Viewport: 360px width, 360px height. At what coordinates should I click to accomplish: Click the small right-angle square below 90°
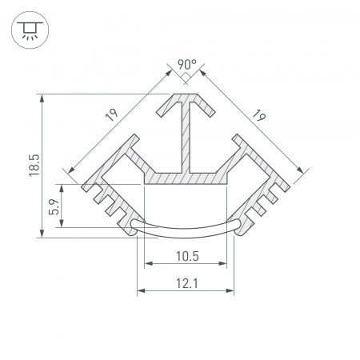point(185,77)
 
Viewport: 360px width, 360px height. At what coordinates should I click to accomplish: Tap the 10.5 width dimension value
point(186,257)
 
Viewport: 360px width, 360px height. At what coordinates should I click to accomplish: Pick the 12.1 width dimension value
point(186,282)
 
